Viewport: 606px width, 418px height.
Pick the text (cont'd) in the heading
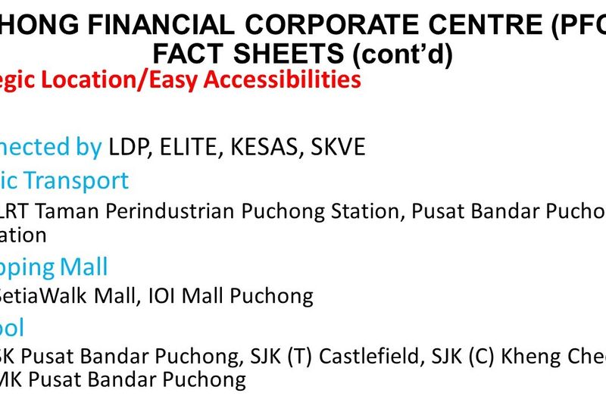coord(400,54)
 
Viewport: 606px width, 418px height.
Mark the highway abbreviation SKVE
coord(337,146)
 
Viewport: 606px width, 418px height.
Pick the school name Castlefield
coord(371,356)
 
